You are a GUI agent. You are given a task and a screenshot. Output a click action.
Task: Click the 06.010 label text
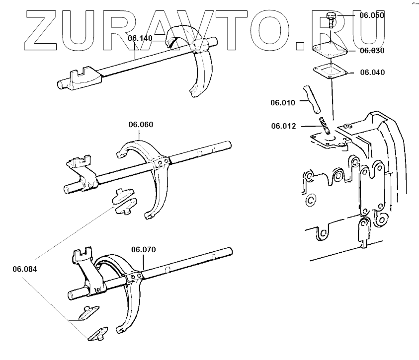282,103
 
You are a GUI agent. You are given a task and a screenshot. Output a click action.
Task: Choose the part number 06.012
283,126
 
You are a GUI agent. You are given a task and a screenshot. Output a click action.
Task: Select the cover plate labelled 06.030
330,50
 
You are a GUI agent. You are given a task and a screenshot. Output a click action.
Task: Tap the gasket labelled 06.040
329,72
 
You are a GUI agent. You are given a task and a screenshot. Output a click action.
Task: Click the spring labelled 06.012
325,124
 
